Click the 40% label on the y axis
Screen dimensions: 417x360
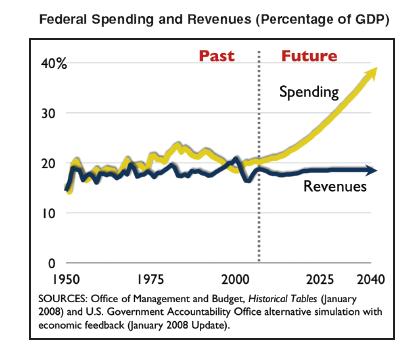(54, 63)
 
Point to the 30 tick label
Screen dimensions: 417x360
(48, 114)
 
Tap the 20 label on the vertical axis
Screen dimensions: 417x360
(48, 164)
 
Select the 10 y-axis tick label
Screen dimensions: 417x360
(49, 213)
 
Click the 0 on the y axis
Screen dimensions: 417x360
(52, 263)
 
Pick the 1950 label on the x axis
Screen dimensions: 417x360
(66, 279)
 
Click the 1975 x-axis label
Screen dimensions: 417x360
(150, 279)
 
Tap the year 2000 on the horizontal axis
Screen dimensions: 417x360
(235, 279)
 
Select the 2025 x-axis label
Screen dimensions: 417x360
(320, 279)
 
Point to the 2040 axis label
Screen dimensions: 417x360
(371, 279)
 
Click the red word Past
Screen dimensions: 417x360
(217, 56)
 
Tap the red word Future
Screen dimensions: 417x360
(309, 56)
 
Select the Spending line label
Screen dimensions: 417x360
(309, 92)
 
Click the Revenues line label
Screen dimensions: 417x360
(335, 186)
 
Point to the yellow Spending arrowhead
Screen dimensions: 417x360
(371, 73)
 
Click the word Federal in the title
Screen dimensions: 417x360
(63, 19)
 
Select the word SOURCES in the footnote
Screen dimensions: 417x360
(63, 299)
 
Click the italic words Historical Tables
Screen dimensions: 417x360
(283, 299)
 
